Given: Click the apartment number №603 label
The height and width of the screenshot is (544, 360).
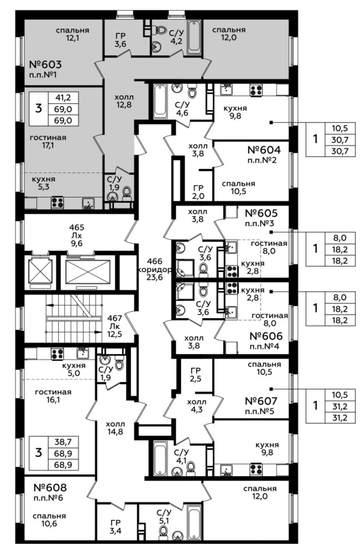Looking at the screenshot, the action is [x=45, y=65].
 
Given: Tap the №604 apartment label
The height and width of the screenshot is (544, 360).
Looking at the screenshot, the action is [x=264, y=150].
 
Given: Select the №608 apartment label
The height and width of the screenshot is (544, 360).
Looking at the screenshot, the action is [x=50, y=487].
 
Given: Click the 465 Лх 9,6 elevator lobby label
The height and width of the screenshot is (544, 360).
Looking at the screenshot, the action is [x=77, y=236].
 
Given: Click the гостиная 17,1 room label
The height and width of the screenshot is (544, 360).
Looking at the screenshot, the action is [x=48, y=141].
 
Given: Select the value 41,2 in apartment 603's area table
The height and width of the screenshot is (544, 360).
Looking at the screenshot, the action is [x=63, y=98].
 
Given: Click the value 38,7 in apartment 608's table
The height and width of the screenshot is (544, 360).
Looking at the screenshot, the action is [x=63, y=442].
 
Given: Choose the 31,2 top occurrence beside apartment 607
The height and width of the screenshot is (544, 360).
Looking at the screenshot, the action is [x=339, y=406].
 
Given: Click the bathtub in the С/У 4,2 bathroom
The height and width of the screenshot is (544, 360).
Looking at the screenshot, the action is [x=194, y=37].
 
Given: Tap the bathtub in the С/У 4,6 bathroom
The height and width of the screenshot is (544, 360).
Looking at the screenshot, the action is [x=160, y=101].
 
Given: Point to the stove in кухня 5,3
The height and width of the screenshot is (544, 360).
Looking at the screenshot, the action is [x=57, y=202].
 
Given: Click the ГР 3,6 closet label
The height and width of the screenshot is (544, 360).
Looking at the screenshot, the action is [x=120, y=40].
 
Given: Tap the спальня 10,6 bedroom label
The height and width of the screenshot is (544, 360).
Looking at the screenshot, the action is [x=49, y=520].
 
